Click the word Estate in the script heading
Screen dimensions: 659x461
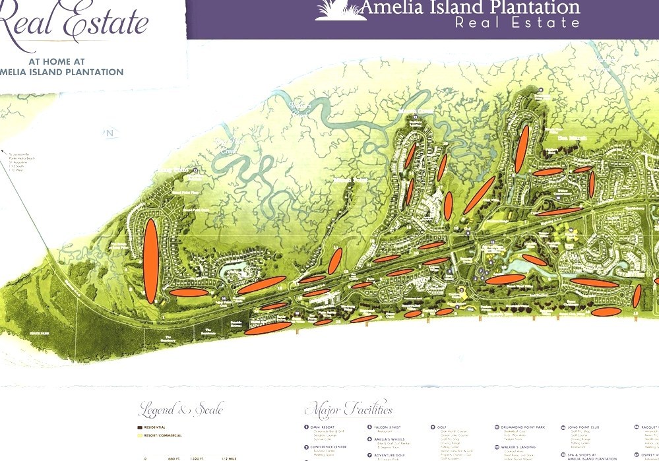coord(106,23)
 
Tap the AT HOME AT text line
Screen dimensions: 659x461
coord(66,62)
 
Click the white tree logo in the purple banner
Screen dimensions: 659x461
coord(340,10)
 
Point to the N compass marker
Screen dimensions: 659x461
coord(110,133)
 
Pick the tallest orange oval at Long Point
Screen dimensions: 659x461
coord(151,261)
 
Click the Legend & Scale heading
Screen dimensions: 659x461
coord(181,410)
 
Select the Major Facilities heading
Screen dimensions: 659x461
coord(349,410)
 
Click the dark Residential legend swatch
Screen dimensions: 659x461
coord(140,428)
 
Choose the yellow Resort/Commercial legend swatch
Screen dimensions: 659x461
coord(140,436)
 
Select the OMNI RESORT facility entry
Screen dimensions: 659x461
coord(324,427)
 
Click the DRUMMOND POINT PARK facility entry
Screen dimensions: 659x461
coord(521,427)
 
